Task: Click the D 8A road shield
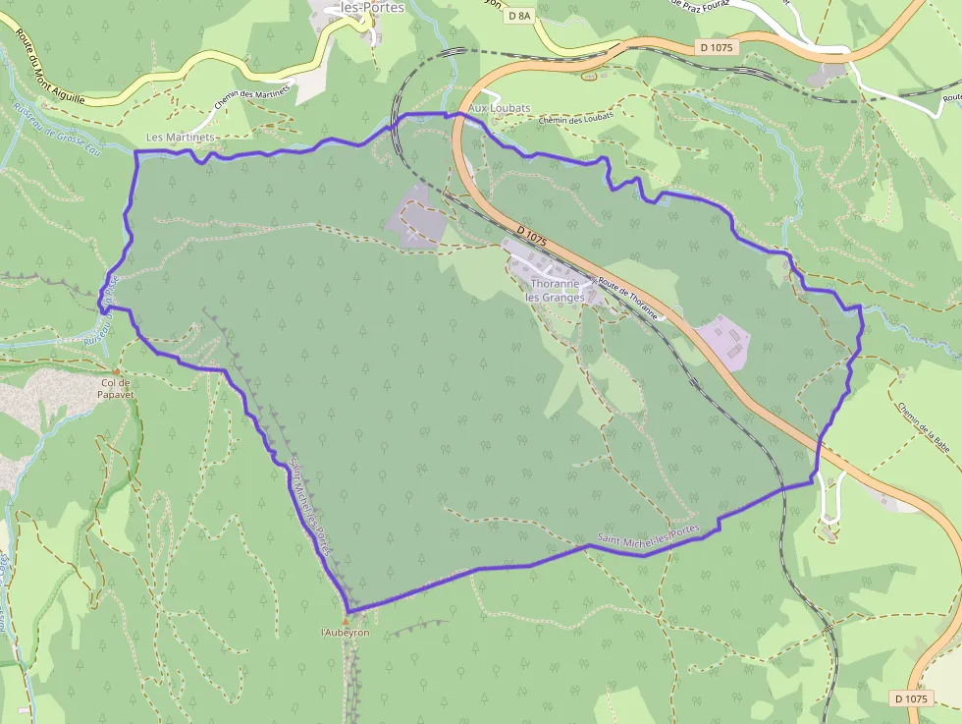(x=519, y=16)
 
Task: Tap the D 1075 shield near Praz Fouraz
(x=718, y=46)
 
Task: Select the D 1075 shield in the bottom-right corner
(x=911, y=698)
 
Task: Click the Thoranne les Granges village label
(x=556, y=290)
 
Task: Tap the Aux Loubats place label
(x=500, y=108)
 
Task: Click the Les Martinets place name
(x=180, y=138)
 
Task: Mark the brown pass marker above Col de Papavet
(x=116, y=371)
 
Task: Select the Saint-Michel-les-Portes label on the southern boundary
(x=649, y=534)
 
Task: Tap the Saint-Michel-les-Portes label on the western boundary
(x=313, y=508)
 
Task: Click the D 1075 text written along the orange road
(x=530, y=238)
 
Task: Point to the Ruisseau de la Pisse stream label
(x=101, y=314)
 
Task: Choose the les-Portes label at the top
(x=371, y=7)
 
